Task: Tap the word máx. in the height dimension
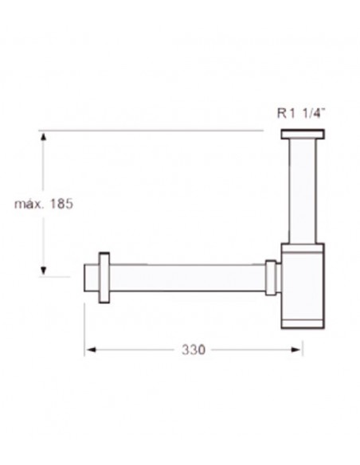tap(29, 204)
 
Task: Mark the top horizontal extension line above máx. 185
tap(151, 130)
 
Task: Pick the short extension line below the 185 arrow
tap(56, 277)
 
